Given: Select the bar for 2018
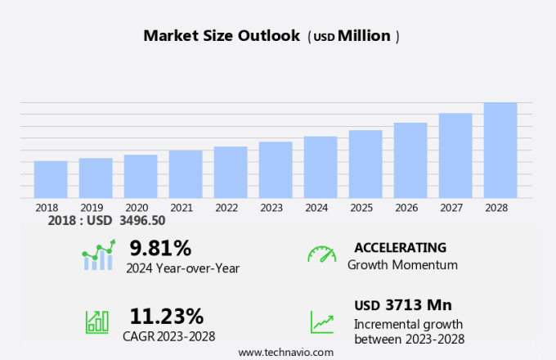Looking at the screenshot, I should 51,179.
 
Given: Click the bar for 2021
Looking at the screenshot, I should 186,173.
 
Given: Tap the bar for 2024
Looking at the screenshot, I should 321,167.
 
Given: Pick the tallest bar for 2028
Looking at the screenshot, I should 500,150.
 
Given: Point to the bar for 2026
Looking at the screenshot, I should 410,160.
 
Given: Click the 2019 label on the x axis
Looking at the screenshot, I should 92,208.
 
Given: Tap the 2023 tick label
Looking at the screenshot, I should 271,208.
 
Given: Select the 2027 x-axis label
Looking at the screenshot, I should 451,208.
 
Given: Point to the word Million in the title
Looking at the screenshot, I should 364,36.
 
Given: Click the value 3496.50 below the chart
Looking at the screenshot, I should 142,221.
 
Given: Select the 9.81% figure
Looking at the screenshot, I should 160,248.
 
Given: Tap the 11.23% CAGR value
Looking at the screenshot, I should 167,316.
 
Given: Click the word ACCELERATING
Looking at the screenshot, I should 401,248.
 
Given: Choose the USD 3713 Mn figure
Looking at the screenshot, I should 403,305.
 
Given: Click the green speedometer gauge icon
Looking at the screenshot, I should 321,254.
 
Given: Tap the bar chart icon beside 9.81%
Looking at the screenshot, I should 98,256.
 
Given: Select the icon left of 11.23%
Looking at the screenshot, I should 97,321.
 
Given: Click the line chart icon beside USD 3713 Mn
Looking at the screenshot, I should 321,321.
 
